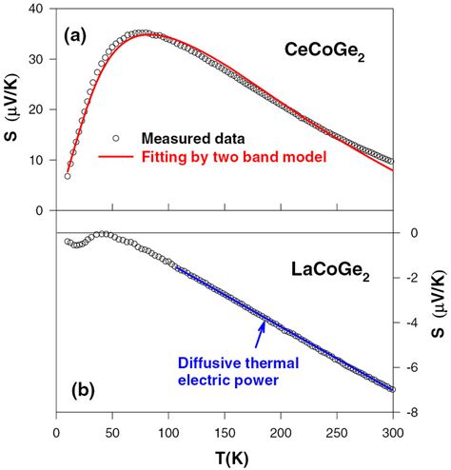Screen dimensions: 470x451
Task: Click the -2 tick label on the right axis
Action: (x=411, y=278)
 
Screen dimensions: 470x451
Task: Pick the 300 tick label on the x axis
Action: (x=393, y=427)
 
